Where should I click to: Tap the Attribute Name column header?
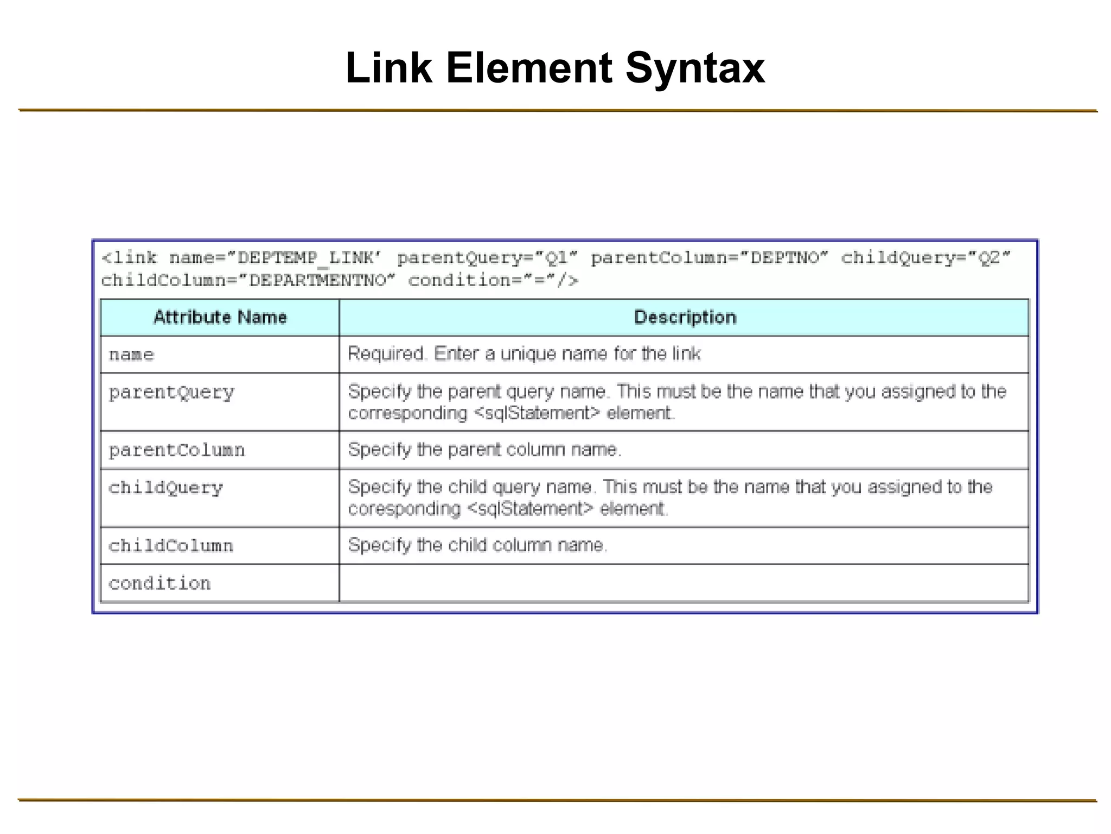[220, 317]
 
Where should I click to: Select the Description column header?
[685, 317]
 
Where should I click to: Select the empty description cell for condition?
[684, 584]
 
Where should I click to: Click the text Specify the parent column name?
[484, 450]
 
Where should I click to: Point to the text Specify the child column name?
[477, 545]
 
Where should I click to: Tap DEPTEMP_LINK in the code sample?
[307, 258]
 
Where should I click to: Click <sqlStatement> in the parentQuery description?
[537, 414]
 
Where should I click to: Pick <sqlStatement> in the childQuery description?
[530, 509]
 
